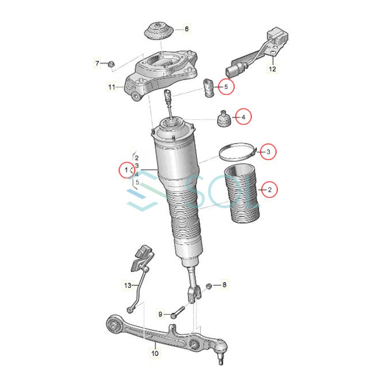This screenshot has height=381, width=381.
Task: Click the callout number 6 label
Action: pyautogui.click(x=187, y=29)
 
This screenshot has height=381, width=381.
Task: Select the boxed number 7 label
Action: pyautogui.click(x=97, y=63)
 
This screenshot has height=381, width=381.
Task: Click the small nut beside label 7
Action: pyautogui.click(x=109, y=64)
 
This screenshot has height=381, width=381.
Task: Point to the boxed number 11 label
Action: pyautogui.click(x=111, y=88)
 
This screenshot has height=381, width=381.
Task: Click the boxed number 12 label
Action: pyautogui.click(x=273, y=68)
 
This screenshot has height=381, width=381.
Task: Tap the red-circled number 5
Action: pyautogui.click(x=226, y=87)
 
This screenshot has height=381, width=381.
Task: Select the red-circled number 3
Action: pyautogui.click(x=268, y=151)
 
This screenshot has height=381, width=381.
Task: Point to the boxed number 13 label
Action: pyautogui.click(x=128, y=286)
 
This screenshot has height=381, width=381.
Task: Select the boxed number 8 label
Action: pyautogui.click(x=224, y=285)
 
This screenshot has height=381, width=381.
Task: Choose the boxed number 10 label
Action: pyautogui.click(x=154, y=353)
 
